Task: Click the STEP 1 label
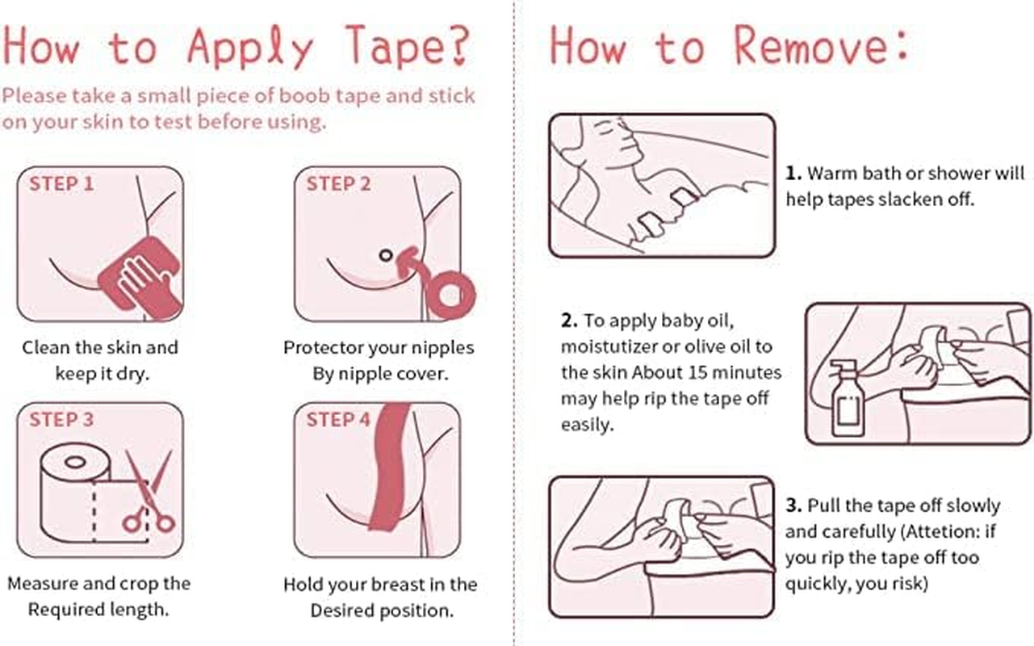[61, 184]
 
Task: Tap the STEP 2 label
[339, 184]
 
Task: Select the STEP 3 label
[61, 420]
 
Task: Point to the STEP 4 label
[339, 420]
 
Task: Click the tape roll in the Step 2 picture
[450, 296]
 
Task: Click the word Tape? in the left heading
[408, 46]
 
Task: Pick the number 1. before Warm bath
[793, 173]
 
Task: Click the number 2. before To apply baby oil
[570, 320]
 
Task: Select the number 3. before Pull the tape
[793, 505]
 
